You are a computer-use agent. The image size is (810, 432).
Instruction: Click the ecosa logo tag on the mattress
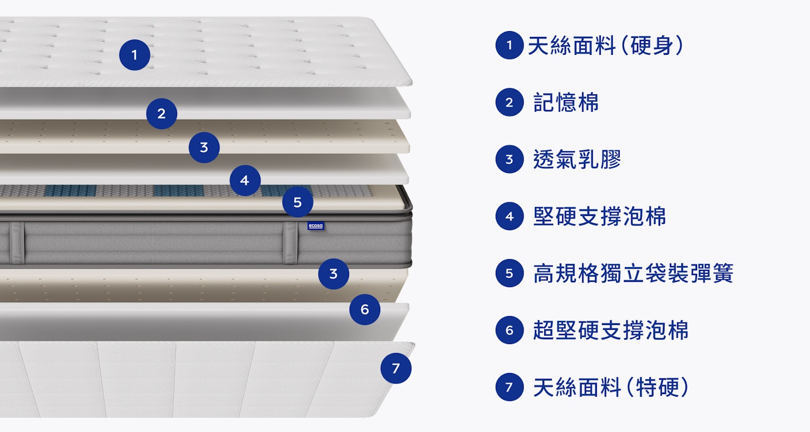316,226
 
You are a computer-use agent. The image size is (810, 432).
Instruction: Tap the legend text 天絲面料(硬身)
606,45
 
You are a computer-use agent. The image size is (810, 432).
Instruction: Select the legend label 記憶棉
566,103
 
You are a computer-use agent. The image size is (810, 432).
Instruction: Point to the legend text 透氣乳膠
577,159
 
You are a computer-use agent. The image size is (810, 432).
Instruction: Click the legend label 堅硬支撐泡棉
600,217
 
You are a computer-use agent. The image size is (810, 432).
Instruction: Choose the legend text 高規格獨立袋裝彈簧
633,273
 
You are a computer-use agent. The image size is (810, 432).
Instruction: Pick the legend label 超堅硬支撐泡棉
611,330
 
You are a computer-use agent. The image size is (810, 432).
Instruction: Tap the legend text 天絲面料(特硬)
611,387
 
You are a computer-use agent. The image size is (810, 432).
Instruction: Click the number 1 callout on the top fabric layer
134,55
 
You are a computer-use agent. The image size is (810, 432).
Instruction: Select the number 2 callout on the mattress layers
162,114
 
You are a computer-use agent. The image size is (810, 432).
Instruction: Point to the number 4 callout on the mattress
245,181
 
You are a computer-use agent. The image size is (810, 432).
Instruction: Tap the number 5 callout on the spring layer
297,202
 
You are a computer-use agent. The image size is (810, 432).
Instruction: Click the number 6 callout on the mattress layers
365,310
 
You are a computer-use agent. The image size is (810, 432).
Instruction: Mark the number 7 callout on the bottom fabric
396,368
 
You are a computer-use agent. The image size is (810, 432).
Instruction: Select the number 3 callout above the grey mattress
204,148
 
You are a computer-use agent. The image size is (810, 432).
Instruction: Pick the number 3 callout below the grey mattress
334,274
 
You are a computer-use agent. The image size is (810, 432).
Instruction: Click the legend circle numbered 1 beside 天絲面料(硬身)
509,45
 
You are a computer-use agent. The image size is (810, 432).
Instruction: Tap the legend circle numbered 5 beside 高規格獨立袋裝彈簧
509,273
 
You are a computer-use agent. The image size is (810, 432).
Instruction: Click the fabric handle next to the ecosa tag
291,243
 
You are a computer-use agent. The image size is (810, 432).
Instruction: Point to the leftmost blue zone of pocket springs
70,191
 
